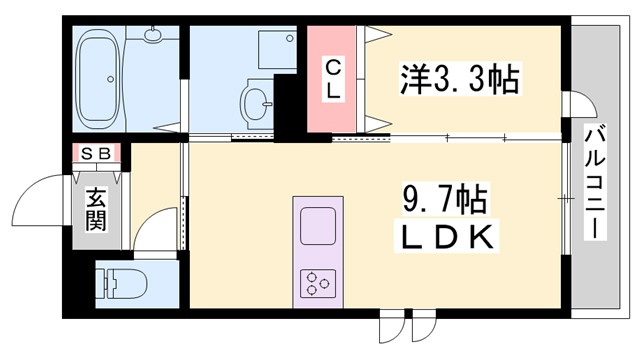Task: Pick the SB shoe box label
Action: (x=96, y=154)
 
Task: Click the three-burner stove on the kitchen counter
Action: (x=318, y=284)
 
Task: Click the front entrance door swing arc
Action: (x=46, y=195)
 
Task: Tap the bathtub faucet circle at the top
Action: (x=153, y=35)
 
